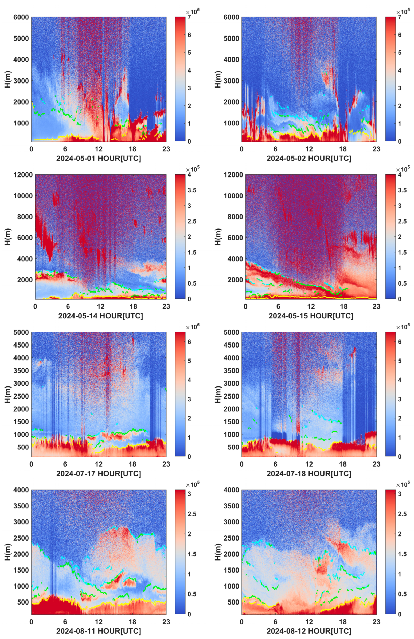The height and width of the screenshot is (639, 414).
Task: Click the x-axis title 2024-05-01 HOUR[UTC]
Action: coord(98,158)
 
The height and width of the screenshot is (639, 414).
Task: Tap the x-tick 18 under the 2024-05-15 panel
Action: coord(343,306)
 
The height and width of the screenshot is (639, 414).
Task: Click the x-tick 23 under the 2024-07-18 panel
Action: coord(376,464)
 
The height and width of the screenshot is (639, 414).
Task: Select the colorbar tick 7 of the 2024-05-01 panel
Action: coord(189,17)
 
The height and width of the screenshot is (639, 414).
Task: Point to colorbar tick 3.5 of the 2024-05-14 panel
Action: coord(192,190)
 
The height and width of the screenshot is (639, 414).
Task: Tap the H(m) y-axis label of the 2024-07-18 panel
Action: coord(218,395)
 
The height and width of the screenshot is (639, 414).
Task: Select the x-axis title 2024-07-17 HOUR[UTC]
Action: coord(98,473)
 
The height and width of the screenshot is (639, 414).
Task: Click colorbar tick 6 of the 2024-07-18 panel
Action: coord(400,342)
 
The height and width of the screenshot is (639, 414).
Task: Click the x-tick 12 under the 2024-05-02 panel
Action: coord(309,149)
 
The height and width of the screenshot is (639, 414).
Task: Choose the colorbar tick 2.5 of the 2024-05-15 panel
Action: coord(402,222)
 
